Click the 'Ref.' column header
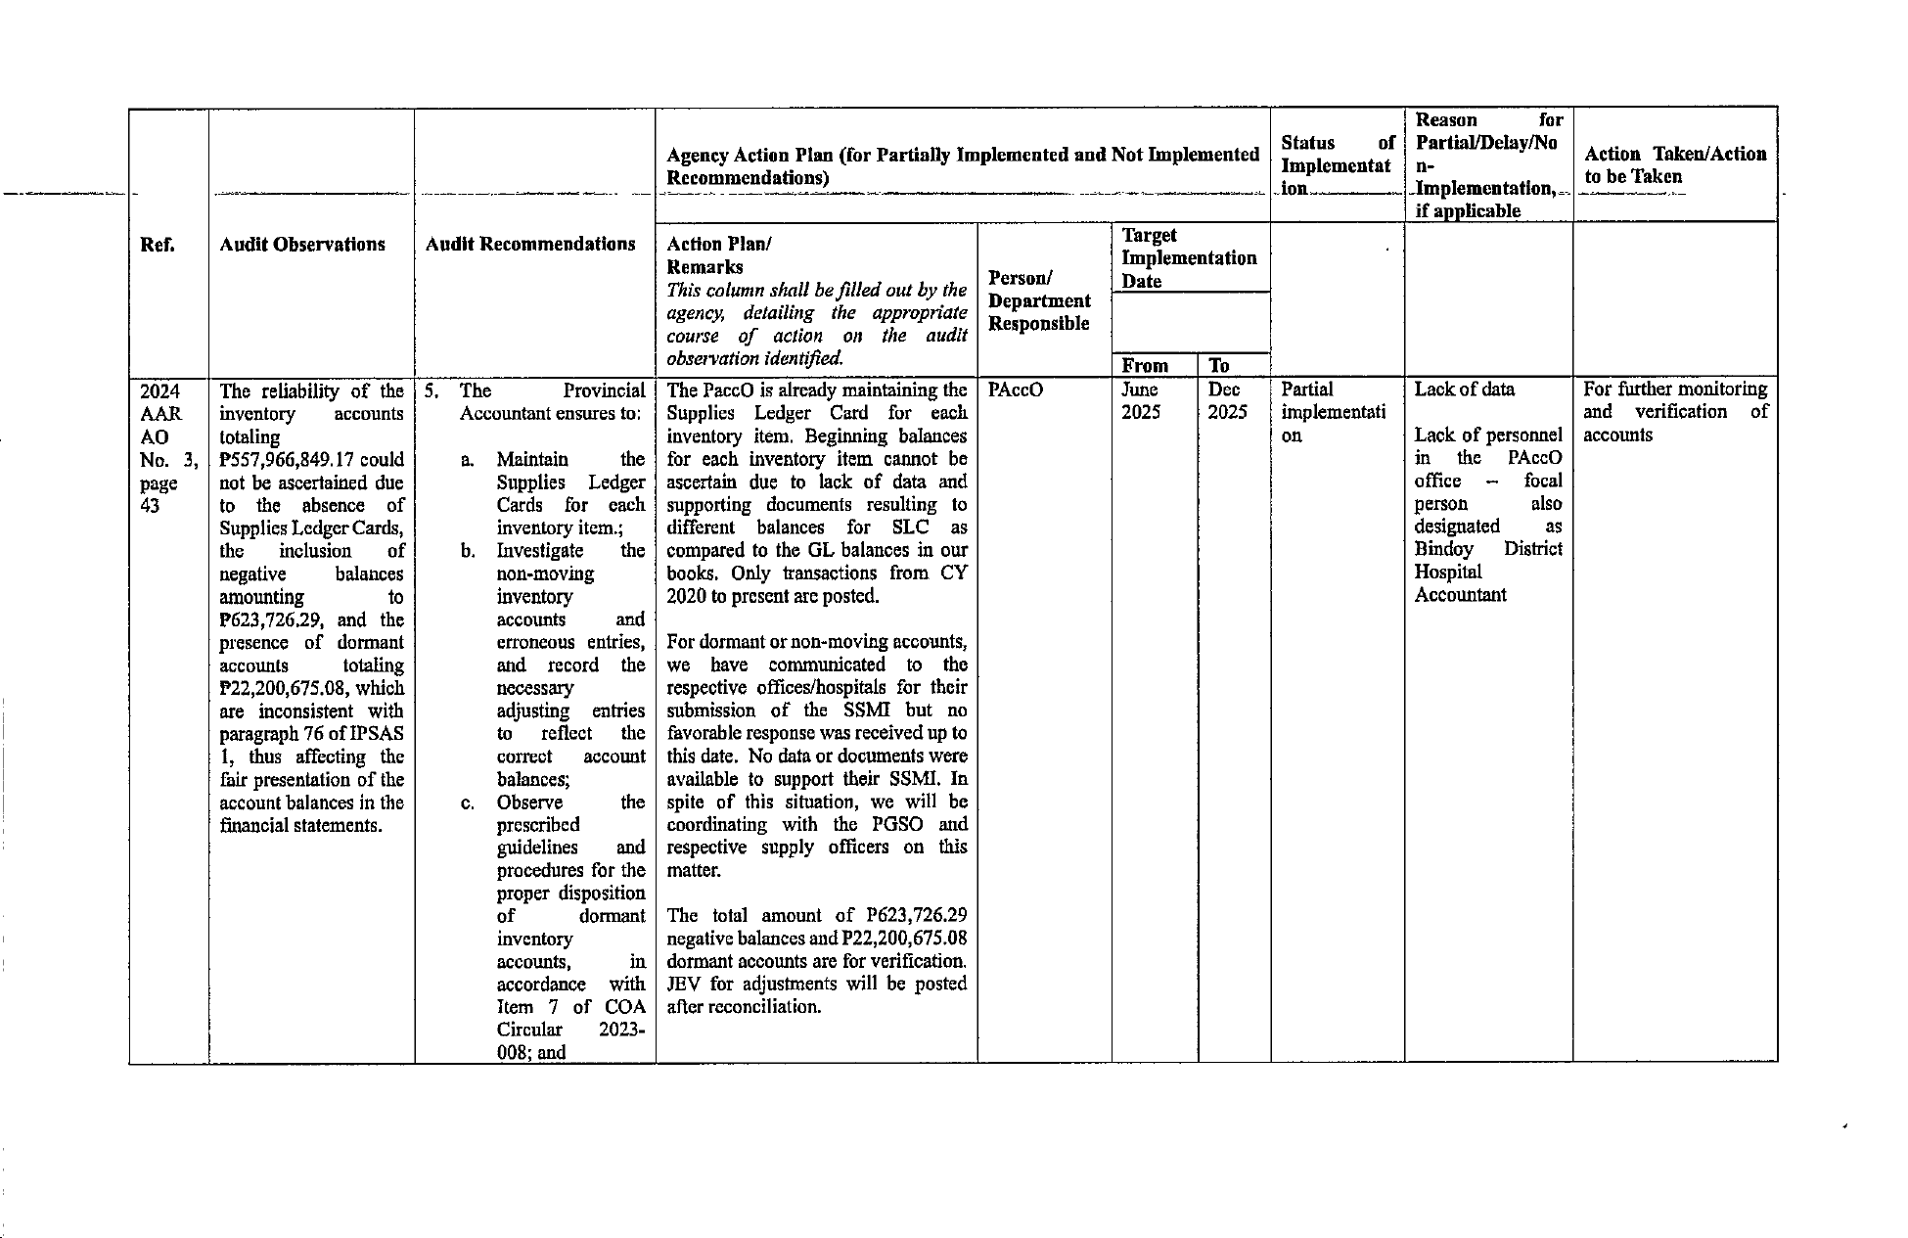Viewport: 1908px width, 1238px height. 158,245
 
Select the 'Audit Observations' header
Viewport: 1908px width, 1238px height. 302,245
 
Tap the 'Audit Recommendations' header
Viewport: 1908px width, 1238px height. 530,245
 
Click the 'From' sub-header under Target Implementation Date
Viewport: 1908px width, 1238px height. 1145,366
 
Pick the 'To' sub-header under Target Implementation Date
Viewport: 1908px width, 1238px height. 1218,366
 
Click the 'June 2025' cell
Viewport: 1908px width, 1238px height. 1141,401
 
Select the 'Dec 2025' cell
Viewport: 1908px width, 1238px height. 1226,401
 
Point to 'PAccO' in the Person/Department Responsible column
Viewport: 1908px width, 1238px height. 1016,390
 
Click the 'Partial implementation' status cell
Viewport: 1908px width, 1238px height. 1333,412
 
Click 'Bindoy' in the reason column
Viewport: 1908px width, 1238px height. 1443,549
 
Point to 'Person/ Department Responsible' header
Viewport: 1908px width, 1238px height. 1039,300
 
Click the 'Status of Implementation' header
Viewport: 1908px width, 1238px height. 1337,165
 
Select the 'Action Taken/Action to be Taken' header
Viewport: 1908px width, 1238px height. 1674,165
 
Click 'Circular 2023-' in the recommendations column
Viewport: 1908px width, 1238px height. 570,1030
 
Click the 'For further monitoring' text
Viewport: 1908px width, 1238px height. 1674,390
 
